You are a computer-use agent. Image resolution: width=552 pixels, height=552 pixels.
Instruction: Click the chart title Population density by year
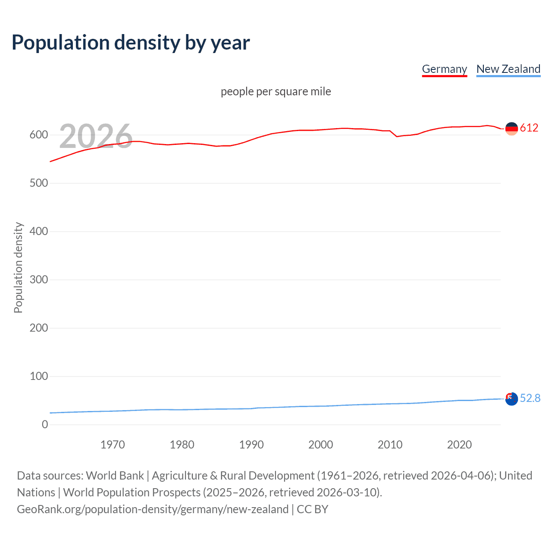(131, 43)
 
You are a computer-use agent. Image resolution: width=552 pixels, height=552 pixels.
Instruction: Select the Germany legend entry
(444, 69)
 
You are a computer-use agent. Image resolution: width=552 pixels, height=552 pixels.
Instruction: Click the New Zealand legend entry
(508, 69)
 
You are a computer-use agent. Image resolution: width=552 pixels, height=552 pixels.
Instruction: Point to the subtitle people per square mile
(276, 91)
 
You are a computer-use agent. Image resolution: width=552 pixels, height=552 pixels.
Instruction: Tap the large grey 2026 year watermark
(96, 136)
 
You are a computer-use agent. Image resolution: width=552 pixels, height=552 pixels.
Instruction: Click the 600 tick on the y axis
(39, 135)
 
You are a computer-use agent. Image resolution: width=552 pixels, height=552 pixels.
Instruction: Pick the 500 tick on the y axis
(39, 183)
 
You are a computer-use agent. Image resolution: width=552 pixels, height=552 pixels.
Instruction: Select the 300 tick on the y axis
(39, 280)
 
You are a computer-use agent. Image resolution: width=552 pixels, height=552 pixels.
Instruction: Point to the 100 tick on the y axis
(39, 376)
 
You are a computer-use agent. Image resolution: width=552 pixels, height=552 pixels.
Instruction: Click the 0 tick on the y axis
(45, 425)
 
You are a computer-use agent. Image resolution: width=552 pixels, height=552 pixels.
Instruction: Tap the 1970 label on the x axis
(113, 445)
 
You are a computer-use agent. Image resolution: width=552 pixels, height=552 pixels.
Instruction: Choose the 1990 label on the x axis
(251, 445)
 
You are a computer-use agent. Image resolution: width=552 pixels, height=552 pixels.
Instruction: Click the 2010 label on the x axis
(390, 445)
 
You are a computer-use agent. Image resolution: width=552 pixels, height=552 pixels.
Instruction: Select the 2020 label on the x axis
(459, 445)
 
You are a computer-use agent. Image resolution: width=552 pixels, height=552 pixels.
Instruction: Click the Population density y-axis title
(18, 267)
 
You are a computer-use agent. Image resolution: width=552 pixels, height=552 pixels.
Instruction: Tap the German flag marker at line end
(511, 129)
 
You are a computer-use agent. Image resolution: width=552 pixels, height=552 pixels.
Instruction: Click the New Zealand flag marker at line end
(511, 399)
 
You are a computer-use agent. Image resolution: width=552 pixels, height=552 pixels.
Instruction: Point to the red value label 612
(529, 128)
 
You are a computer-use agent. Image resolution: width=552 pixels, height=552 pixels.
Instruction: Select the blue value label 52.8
(530, 398)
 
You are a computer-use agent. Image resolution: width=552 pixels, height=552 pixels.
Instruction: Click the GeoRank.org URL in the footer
(153, 509)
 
